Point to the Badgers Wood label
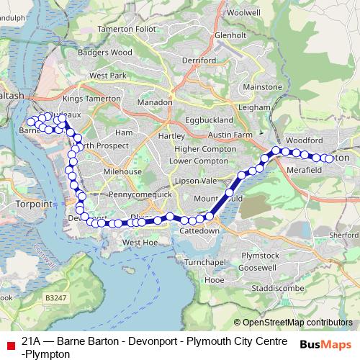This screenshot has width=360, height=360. [x=106, y=52]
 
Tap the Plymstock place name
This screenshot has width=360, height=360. [x=260, y=255]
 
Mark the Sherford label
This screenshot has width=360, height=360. [x=344, y=234]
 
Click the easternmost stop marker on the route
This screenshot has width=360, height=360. [x=330, y=158]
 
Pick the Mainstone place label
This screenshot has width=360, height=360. [x=262, y=86]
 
